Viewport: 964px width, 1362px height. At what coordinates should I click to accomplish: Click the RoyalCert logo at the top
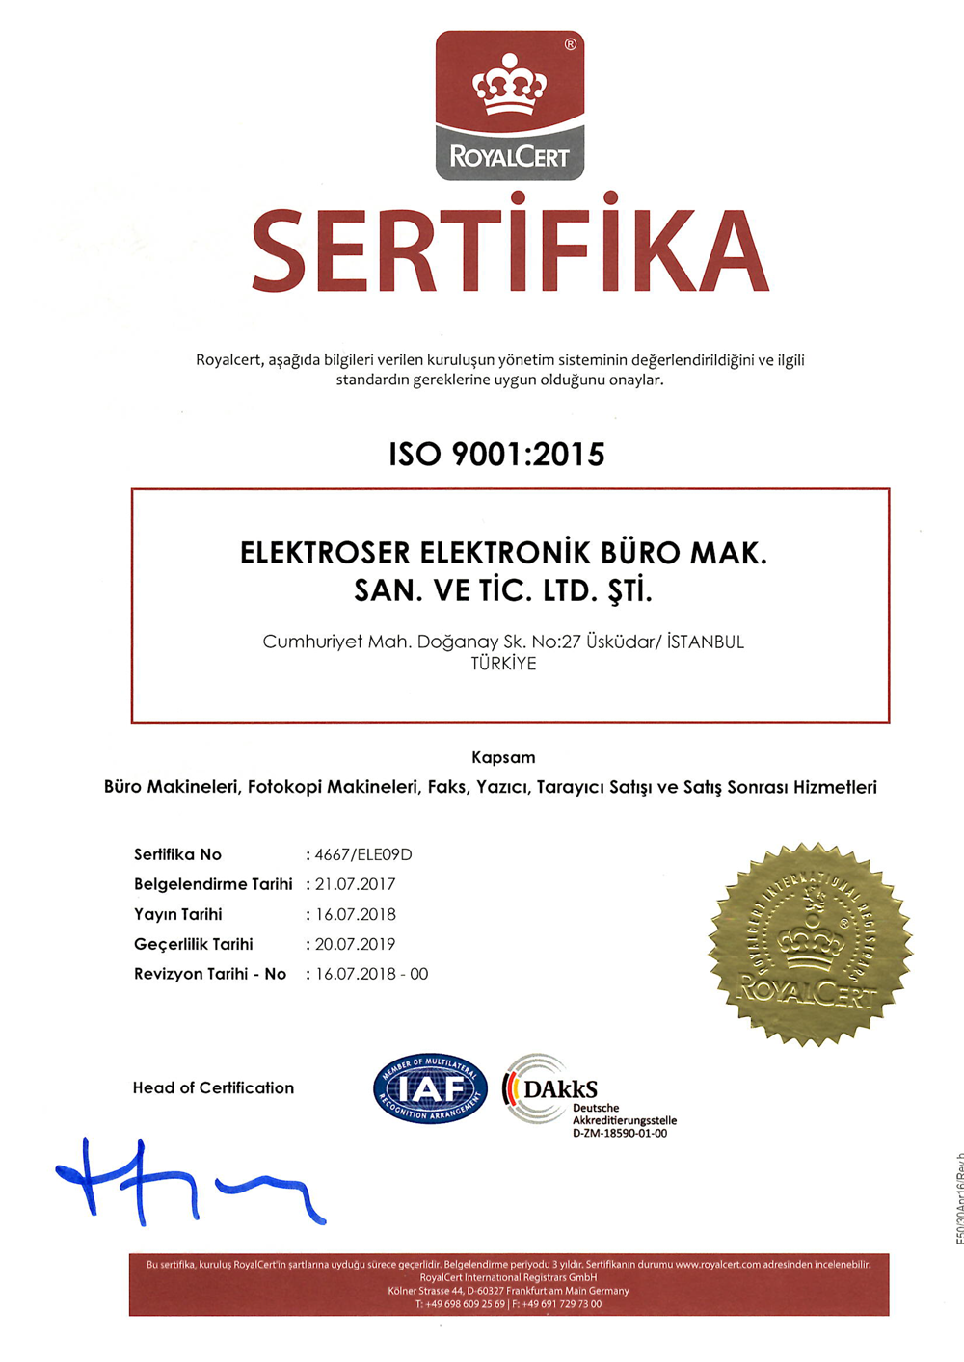(x=510, y=106)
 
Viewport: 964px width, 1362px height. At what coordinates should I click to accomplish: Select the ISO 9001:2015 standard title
(x=496, y=454)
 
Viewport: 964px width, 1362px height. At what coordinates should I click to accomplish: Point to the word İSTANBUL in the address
(x=705, y=642)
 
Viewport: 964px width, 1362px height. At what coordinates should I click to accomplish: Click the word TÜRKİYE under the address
(x=503, y=664)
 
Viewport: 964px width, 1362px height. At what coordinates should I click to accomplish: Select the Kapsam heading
(x=503, y=757)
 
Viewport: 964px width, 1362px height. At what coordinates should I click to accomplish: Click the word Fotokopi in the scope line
(x=283, y=787)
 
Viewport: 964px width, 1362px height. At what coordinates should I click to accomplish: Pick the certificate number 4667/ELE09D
(x=363, y=854)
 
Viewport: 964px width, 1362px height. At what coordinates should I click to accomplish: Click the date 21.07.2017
(x=355, y=884)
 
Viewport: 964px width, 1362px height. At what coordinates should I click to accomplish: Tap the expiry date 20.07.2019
(x=355, y=944)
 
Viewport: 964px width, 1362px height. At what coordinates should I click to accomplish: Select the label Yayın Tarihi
(x=177, y=914)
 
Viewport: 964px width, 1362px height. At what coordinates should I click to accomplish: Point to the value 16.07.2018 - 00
(x=371, y=974)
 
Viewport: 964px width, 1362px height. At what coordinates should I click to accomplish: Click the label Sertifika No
(x=177, y=854)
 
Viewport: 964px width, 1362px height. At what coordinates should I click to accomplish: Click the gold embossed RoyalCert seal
(x=811, y=945)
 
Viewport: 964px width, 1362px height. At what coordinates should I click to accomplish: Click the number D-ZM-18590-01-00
(x=619, y=1134)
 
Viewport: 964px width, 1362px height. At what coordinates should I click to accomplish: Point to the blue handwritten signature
(x=183, y=1183)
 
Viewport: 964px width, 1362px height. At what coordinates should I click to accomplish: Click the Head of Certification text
(x=213, y=1087)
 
